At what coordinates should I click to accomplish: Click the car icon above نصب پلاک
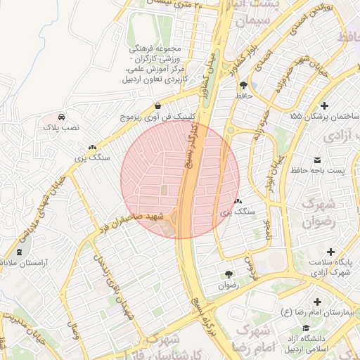point(62,117)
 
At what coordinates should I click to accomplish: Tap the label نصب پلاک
point(63,129)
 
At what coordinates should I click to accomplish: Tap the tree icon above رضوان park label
point(229,274)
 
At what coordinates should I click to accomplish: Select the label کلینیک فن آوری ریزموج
point(165,117)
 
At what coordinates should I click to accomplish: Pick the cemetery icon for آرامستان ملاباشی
point(18,252)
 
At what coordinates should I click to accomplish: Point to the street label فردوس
point(247,268)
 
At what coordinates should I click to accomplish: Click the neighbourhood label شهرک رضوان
point(315,212)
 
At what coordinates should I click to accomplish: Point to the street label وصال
point(71,330)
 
